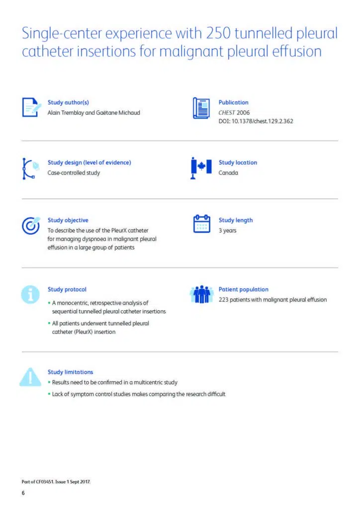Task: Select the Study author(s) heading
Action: [x=68, y=102]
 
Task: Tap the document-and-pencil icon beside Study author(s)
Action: [x=30, y=107]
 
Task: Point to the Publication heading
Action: [x=233, y=102]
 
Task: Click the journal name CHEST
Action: [x=227, y=112]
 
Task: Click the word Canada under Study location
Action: [x=228, y=172]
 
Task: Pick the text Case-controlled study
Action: [x=74, y=172]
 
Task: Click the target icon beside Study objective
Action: [x=30, y=225]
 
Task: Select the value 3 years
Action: [x=228, y=230]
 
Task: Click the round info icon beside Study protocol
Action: [x=30, y=294]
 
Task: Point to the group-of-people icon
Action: [x=201, y=294]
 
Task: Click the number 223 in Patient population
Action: [x=224, y=299]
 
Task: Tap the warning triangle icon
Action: [x=30, y=377]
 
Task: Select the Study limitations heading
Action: [x=70, y=372]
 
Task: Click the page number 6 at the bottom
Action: [x=23, y=493]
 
